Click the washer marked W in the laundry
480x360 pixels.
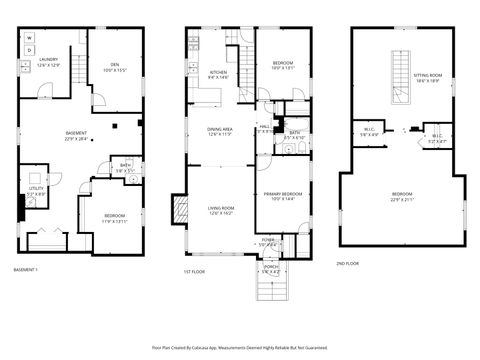pyautogui.click(x=29, y=37)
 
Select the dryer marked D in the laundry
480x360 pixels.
pyautogui.click(x=29, y=49)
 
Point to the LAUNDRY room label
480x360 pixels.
pyautogui.click(x=48, y=63)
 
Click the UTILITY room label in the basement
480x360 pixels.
pyautogui.click(x=34, y=190)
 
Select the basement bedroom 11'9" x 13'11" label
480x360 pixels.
pyautogui.click(x=115, y=217)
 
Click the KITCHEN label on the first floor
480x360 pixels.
pyautogui.click(x=218, y=73)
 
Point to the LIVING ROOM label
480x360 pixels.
pyautogui.click(x=220, y=209)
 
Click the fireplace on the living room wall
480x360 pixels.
pyautogui.click(x=180, y=209)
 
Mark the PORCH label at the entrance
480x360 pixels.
pyautogui.click(x=271, y=269)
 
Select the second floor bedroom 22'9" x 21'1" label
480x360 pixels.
pyautogui.click(x=401, y=196)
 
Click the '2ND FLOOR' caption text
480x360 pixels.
pyautogui.click(x=348, y=262)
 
